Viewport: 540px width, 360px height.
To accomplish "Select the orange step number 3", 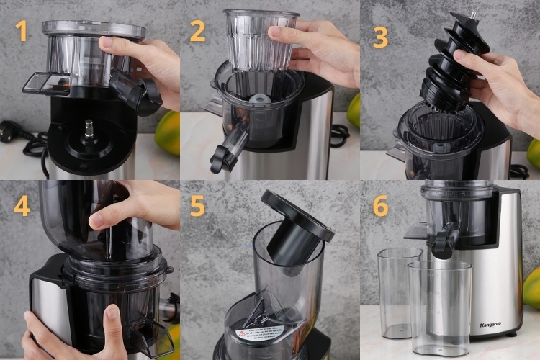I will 379,35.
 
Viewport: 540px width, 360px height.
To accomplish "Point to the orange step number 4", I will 22,206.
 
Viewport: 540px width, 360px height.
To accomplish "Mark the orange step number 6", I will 380,206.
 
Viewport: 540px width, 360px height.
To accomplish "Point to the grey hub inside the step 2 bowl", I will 257,98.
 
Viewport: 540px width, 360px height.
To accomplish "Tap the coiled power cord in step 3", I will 519,171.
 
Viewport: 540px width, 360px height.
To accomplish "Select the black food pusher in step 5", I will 296,230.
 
